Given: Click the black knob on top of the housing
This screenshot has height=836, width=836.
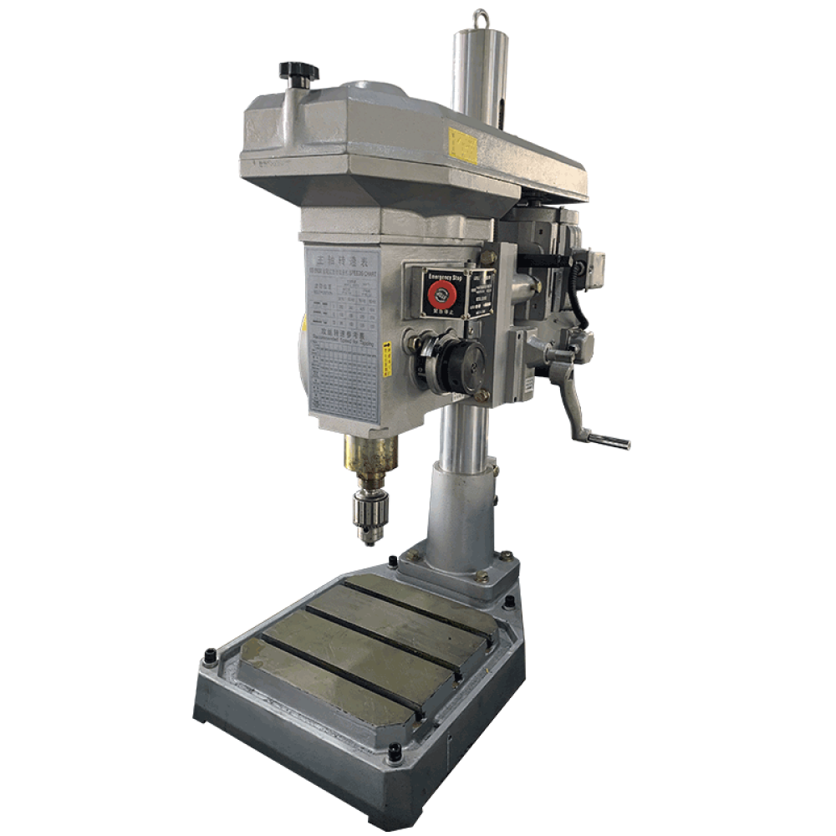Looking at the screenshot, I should pos(298,72).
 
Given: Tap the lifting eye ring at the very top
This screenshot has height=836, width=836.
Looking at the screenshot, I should pos(481,17).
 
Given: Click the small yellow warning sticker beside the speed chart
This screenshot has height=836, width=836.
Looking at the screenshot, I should pos(387,360).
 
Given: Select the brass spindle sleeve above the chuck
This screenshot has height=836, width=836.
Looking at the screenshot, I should pos(370,456).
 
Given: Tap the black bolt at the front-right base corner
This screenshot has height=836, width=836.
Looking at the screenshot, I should pos(395,757).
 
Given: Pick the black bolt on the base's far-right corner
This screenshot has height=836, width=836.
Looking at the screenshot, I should pos(509,601).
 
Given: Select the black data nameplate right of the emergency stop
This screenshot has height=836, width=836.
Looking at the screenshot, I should pos(480,292).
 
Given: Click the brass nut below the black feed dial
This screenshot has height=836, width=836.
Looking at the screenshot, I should pos(482,395).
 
